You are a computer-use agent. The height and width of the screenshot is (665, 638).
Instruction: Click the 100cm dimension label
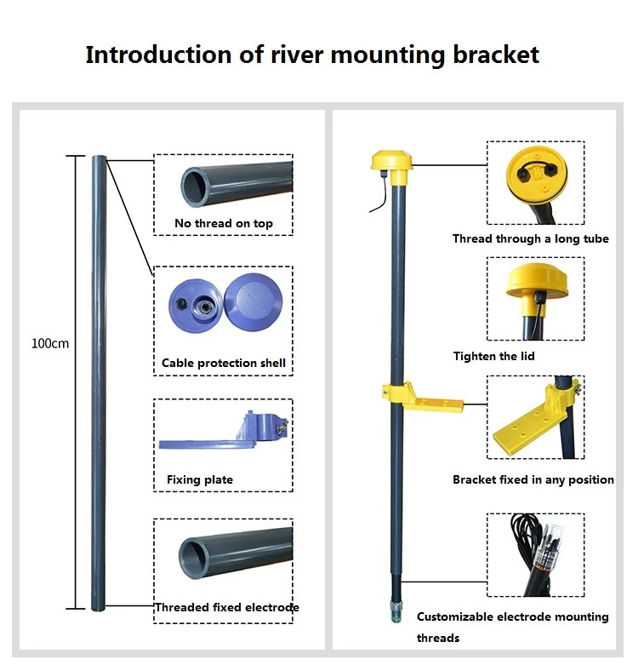[50, 343]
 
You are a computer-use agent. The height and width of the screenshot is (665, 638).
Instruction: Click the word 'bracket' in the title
[496, 55]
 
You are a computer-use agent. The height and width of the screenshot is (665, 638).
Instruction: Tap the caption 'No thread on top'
[224, 223]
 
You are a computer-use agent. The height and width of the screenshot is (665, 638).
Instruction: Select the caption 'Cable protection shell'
[224, 363]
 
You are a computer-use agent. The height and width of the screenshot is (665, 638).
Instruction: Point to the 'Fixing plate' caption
[200, 479]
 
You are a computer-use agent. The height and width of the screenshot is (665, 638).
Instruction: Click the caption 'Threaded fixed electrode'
[227, 607]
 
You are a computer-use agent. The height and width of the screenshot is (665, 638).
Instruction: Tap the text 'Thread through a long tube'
[531, 238]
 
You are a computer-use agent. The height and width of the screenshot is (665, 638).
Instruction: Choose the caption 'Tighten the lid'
[494, 356]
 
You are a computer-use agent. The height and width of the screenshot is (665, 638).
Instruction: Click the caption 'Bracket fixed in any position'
[533, 479]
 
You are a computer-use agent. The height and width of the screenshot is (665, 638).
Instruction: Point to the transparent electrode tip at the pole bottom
[396, 611]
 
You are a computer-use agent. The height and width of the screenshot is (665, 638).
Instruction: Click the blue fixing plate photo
[224, 431]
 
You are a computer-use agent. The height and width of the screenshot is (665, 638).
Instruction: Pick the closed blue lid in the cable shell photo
[253, 300]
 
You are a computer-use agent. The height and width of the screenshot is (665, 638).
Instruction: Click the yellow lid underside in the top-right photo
[536, 174]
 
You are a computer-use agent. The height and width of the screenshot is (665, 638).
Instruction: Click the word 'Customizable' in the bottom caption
[454, 616]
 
